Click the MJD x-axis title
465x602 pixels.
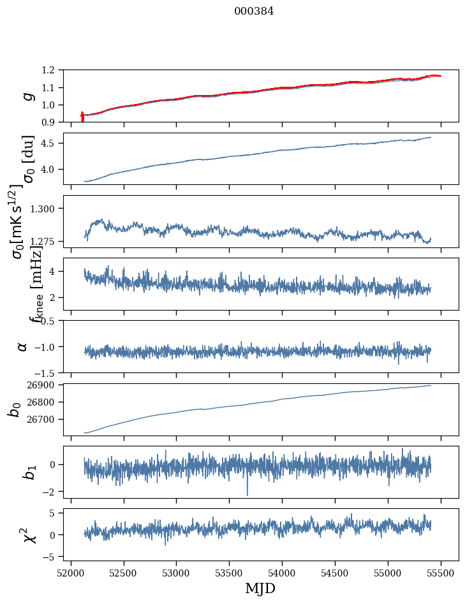260,588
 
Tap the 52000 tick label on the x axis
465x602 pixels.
71,572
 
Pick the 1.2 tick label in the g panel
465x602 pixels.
55,70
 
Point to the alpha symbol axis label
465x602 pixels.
22,346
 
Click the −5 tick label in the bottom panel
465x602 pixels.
55,557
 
